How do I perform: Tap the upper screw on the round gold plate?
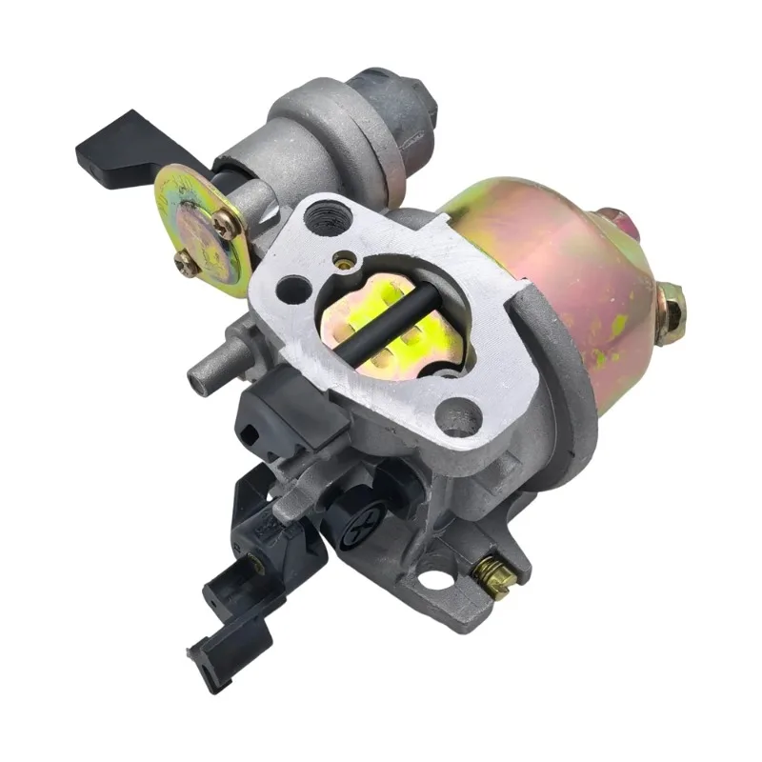tap(226, 225)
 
